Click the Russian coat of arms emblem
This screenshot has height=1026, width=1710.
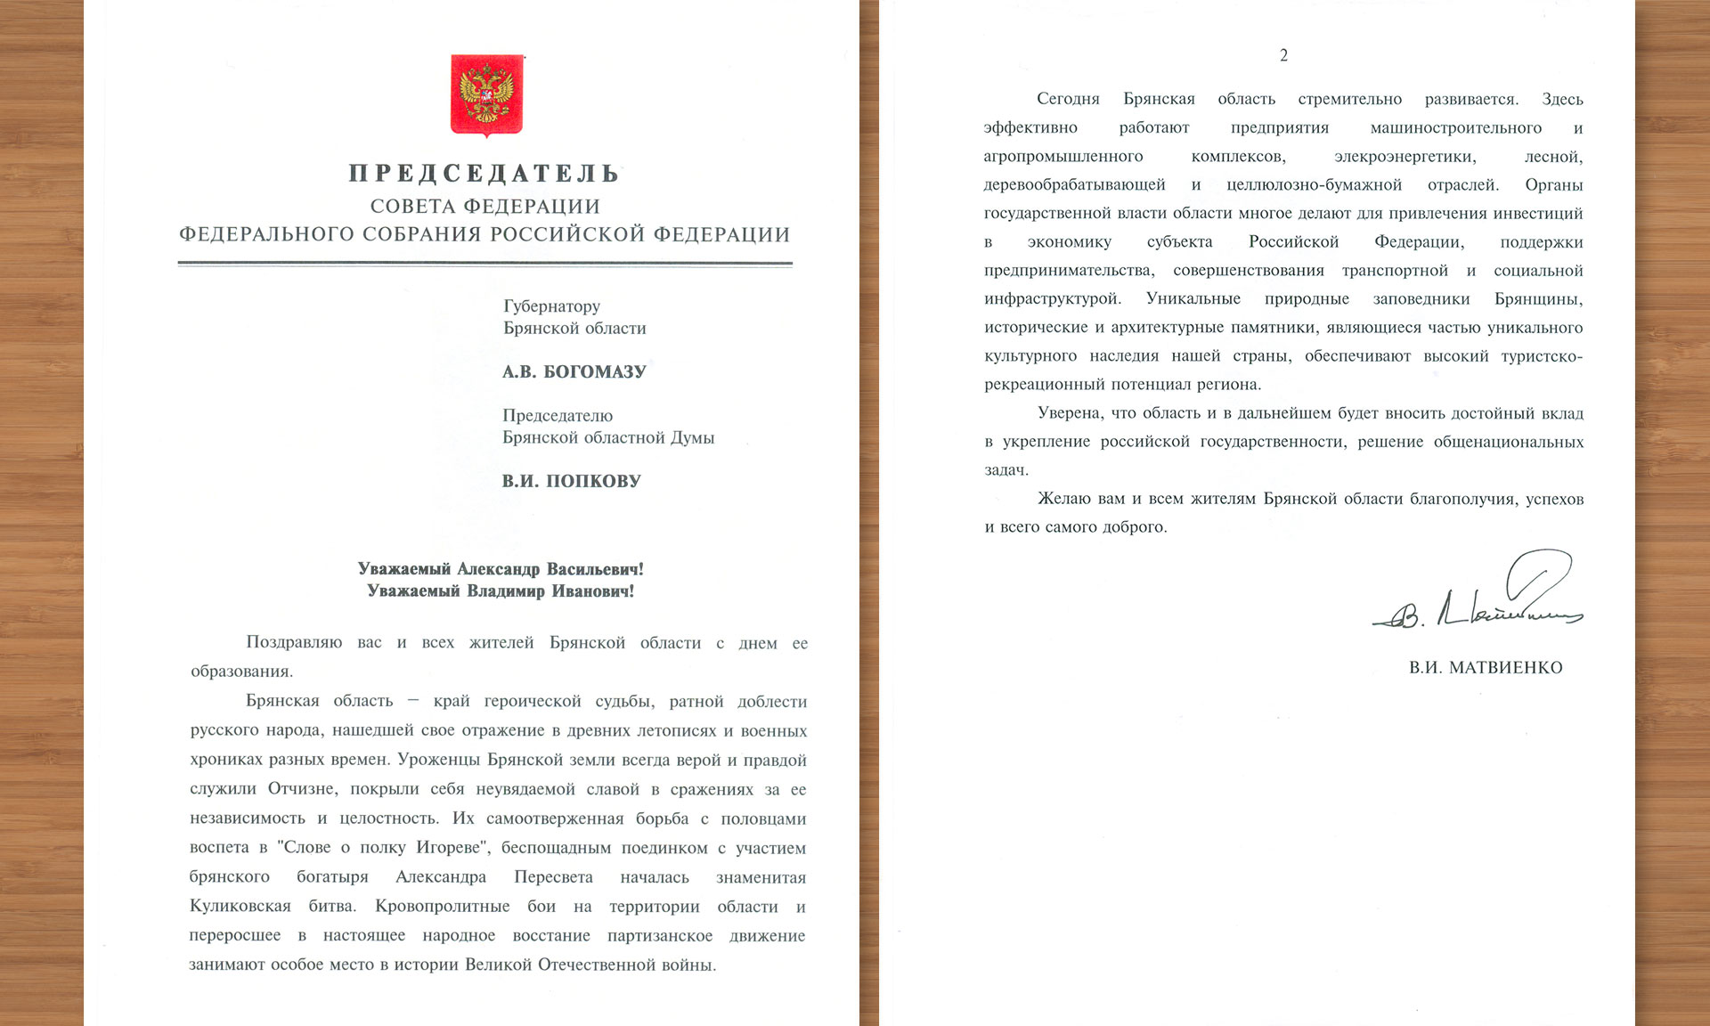[x=486, y=95]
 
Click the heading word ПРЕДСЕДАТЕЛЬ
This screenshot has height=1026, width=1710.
[x=484, y=173]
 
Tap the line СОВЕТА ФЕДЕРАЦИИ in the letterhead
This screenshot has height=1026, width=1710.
[x=485, y=207]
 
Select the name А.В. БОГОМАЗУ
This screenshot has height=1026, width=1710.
[x=574, y=371]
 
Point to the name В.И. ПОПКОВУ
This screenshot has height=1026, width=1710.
[x=571, y=481]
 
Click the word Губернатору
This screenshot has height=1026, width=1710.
[x=551, y=306]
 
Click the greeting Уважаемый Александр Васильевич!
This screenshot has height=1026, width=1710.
[x=501, y=569]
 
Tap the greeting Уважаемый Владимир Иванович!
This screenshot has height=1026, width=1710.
[x=501, y=591]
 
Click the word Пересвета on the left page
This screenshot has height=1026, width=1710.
[x=553, y=877]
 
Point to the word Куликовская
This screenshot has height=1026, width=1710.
[x=240, y=907]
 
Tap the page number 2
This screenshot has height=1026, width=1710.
[x=1283, y=55]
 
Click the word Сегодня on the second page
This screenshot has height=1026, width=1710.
[x=1068, y=100]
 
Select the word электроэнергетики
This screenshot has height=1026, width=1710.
[x=1405, y=157]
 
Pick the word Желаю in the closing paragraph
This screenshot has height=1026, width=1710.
[x=1064, y=499]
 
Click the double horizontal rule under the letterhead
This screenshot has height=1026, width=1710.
[x=485, y=264]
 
